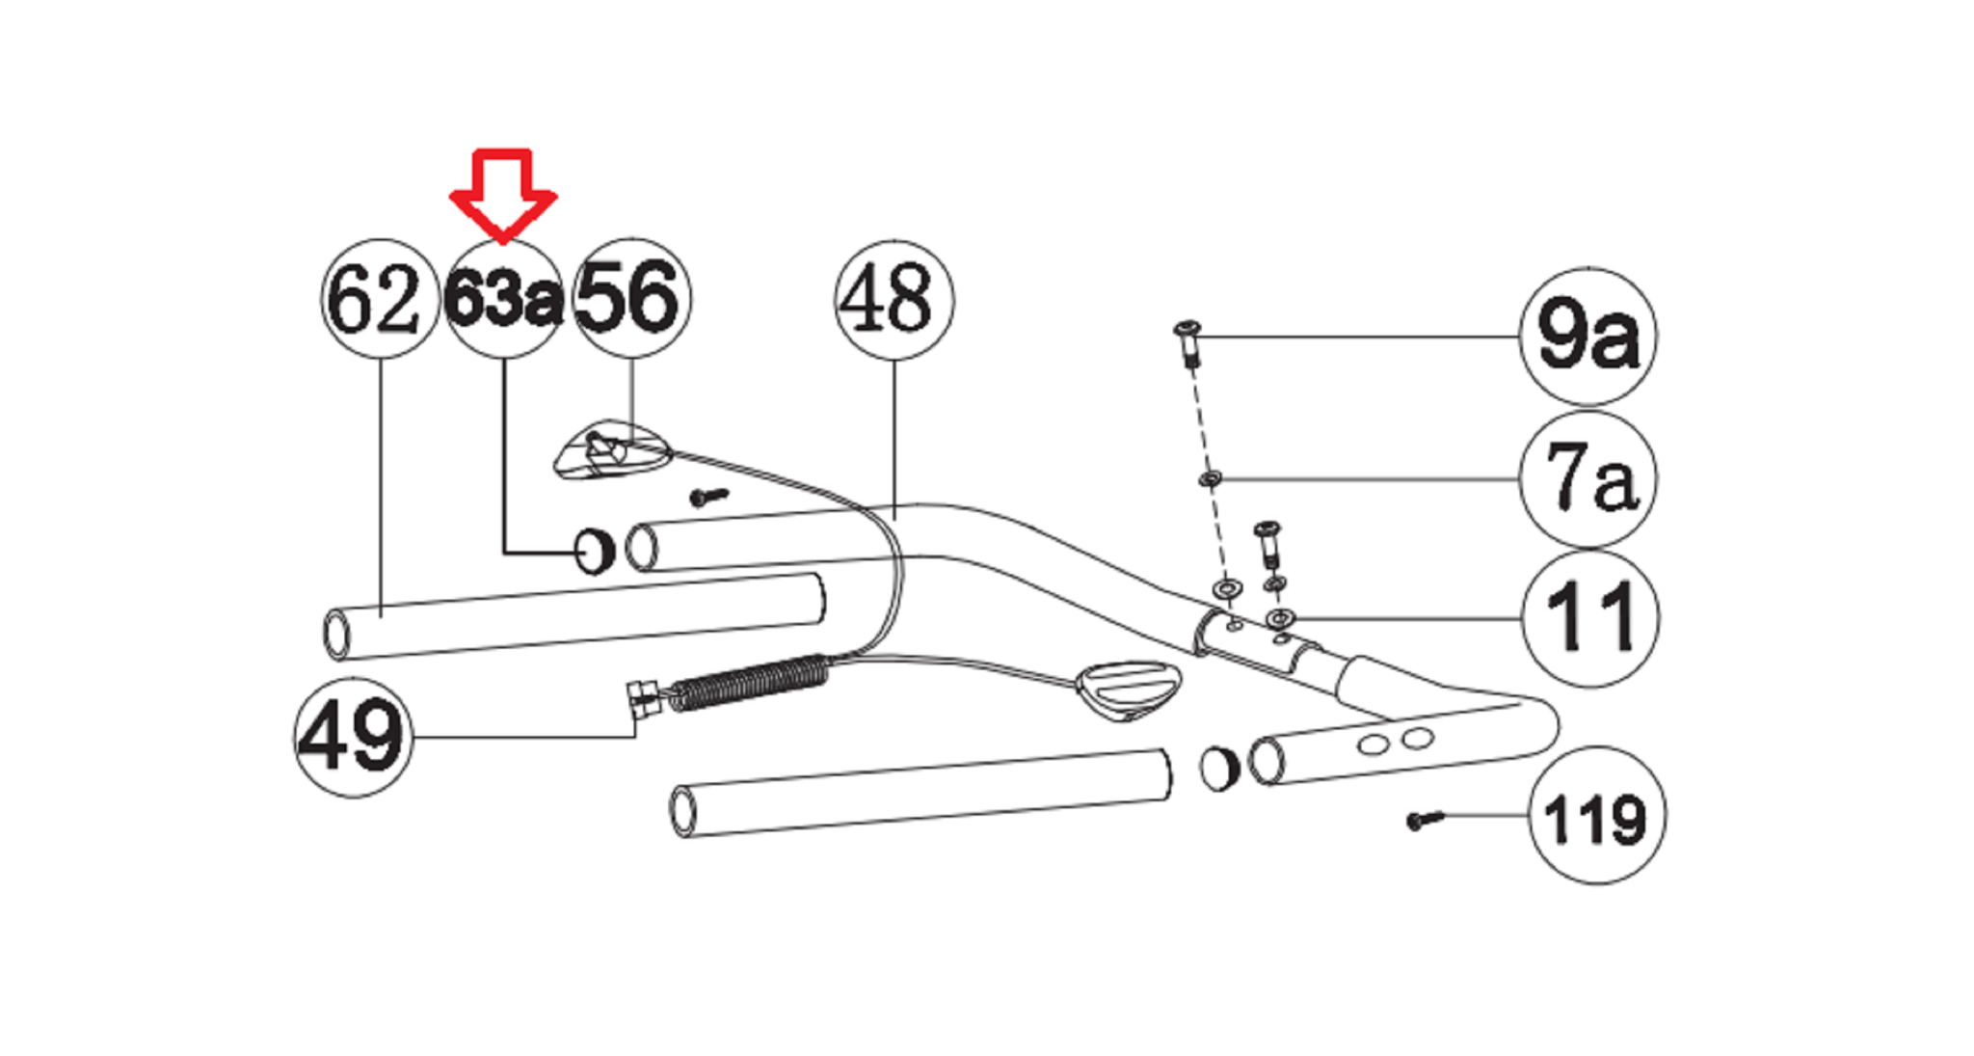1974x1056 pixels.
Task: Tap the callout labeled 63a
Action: point(503,299)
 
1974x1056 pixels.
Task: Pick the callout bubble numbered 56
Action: point(631,299)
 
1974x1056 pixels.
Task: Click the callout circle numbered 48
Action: point(894,300)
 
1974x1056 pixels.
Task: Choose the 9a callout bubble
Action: point(1587,337)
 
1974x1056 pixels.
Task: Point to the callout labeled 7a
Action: point(1587,479)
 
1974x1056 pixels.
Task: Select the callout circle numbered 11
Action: point(1590,618)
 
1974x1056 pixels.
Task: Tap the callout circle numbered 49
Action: point(354,738)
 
